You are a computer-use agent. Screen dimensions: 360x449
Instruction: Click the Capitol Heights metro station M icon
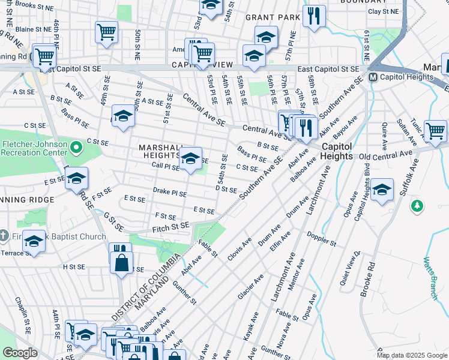372,77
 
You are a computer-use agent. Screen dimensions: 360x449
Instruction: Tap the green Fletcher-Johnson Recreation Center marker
76,147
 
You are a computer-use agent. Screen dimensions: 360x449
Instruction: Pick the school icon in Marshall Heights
191,158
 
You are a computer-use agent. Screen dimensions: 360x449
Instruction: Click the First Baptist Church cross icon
5,236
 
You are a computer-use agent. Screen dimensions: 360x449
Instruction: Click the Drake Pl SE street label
169,194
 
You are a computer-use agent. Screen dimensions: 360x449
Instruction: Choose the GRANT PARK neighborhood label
273,17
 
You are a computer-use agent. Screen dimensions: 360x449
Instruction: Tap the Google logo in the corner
20,352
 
